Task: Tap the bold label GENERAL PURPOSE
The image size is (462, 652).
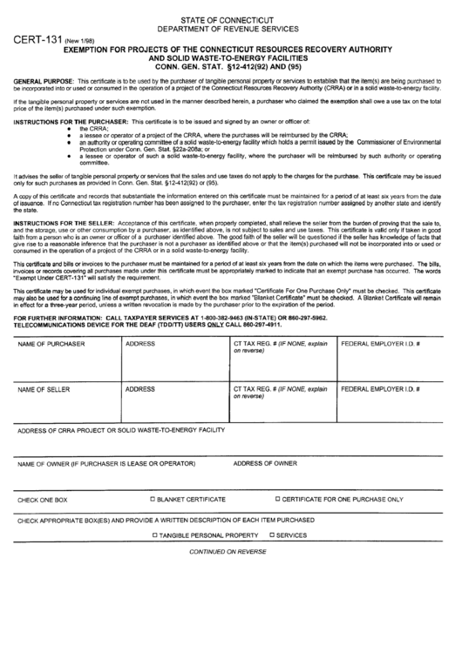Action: point(42,79)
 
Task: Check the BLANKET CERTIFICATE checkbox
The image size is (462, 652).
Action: point(153,499)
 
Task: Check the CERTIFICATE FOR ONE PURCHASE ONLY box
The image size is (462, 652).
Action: point(278,499)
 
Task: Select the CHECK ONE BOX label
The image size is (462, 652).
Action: point(42,500)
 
